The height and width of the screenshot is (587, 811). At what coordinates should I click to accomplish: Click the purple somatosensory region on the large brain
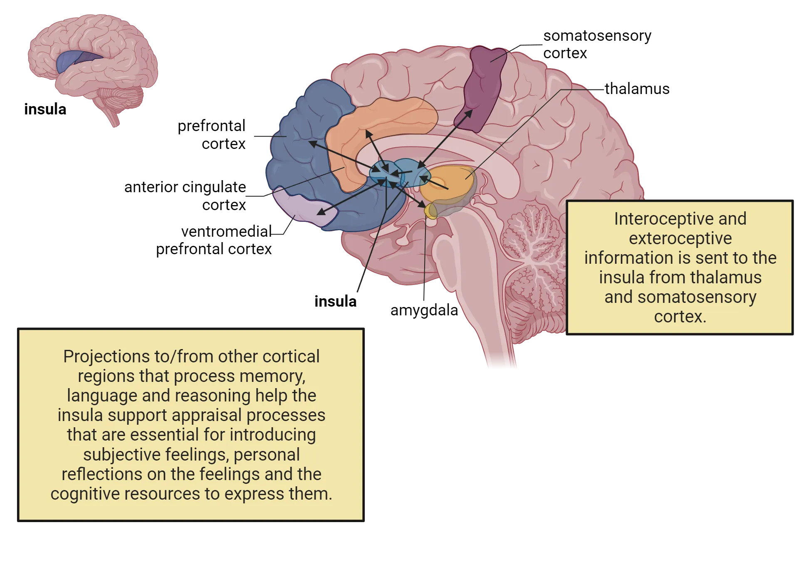click(482, 89)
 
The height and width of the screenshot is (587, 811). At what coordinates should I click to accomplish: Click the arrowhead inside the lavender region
click(320, 212)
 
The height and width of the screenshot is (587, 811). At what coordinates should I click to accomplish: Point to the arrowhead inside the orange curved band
click(368, 134)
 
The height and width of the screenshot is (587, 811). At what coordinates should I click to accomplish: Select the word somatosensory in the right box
click(697, 297)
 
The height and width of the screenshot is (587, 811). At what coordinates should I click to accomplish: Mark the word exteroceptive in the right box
click(680, 238)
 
